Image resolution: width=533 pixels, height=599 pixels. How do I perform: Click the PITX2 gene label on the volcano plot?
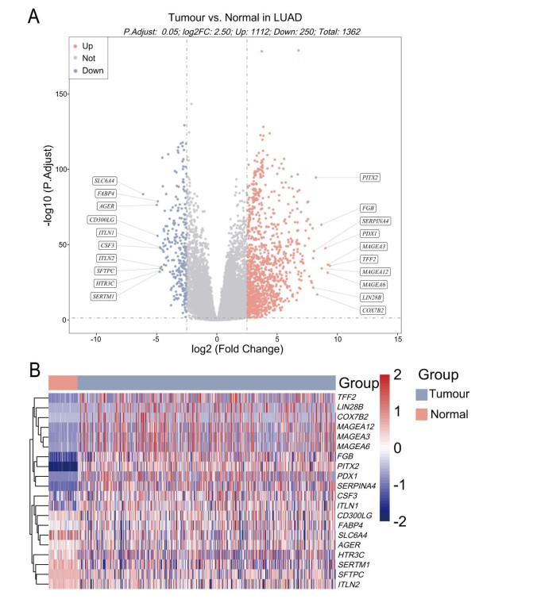click(x=370, y=177)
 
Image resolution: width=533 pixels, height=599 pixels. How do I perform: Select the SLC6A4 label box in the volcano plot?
click(x=105, y=181)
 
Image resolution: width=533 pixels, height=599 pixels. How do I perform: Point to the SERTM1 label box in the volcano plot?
click(x=105, y=296)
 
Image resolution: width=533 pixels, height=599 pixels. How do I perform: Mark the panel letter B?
click(x=35, y=371)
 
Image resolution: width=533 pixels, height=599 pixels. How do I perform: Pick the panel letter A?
click(x=35, y=16)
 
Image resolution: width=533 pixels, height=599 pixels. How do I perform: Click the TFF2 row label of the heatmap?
click(x=347, y=396)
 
